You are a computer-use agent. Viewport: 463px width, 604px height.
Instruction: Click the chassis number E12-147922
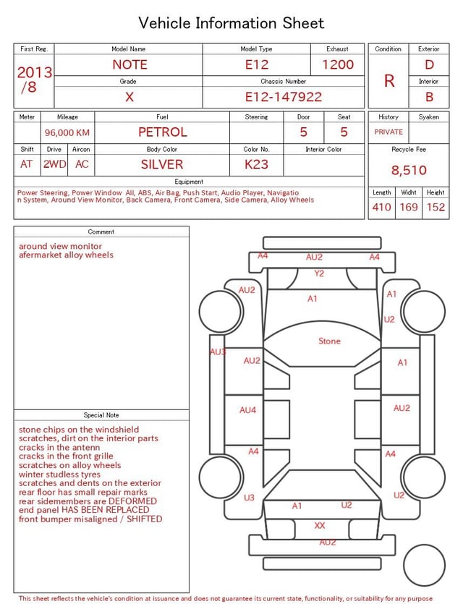(x=283, y=97)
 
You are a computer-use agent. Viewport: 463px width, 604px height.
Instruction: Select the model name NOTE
(x=129, y=64)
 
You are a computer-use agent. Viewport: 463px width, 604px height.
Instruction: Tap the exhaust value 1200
(x=337, y=64)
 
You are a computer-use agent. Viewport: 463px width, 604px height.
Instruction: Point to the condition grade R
(x=389, y=81)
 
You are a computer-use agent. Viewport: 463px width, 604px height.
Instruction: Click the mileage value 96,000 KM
(x=67, y=132)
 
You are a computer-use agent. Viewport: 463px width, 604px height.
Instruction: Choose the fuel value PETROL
(x=163, y=132)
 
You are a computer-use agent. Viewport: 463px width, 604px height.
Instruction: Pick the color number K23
(x=256, y=164)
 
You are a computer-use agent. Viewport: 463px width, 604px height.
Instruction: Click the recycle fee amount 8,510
(x=409, y=170)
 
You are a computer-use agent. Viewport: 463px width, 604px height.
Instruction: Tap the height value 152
(x=436, y=207)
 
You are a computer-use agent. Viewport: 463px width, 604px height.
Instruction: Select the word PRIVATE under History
(x=388, y=132)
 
